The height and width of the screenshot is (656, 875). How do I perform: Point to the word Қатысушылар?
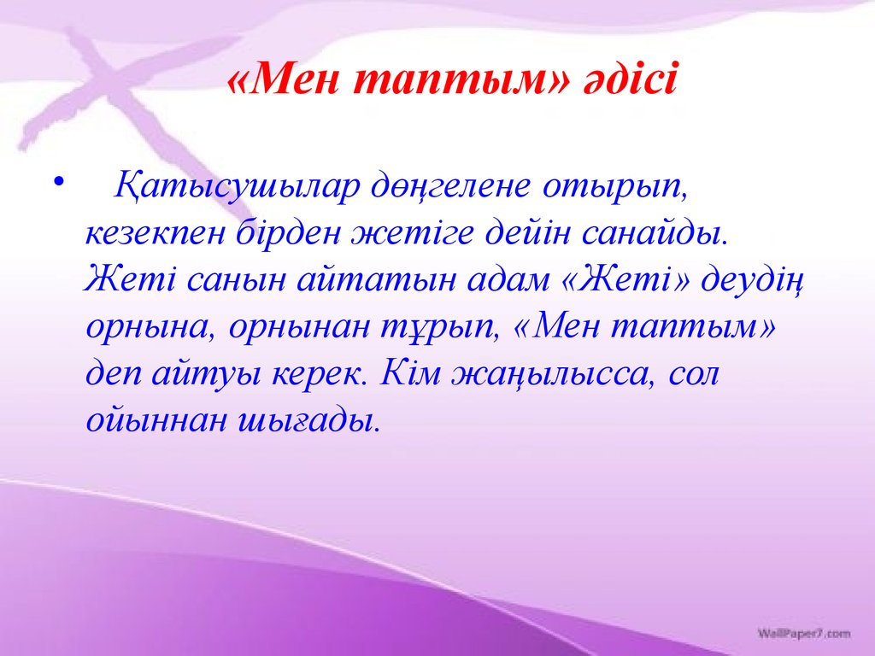click(238, 186)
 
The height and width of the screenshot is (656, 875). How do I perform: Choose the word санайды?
click(655, 233)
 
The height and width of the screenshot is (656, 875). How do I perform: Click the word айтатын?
click(376, 280)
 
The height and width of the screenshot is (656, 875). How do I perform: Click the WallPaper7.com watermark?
click(803, 633)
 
